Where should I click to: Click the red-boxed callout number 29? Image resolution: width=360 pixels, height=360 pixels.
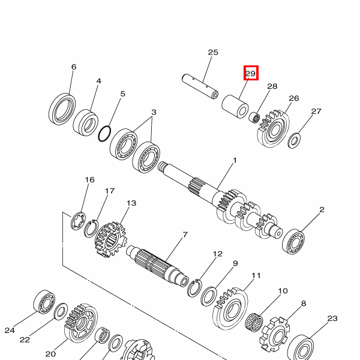pos(251,73)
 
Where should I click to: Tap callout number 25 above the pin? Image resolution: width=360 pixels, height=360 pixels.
pos(213,52)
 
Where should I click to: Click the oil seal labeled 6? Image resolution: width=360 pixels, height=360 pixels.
pos(62,109)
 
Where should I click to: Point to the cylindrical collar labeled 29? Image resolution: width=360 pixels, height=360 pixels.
pos(235,106)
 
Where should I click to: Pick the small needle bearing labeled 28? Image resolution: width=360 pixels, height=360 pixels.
pos(254,117)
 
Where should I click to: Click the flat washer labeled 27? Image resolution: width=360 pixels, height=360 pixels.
pos(295,140)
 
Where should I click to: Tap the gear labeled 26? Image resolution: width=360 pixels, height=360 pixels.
pos(273,128)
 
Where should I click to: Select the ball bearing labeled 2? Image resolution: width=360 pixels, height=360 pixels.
pos(293,241)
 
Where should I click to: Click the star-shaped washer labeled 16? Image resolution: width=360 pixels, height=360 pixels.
pos(78,221)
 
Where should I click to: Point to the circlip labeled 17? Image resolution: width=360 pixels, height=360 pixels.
pos(91,229)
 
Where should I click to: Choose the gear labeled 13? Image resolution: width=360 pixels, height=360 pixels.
pos(110,239)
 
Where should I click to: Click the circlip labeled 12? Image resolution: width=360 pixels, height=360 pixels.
pos(194,288)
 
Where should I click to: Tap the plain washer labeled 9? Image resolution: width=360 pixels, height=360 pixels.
pos(209,296)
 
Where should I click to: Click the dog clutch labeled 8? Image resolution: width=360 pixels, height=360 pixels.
pos(275,332)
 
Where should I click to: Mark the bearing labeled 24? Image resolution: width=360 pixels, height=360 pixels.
pos(44,302)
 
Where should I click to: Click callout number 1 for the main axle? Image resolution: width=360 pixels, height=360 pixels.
pos(235,160)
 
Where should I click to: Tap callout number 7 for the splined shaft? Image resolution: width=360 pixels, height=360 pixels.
pos(185,235)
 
